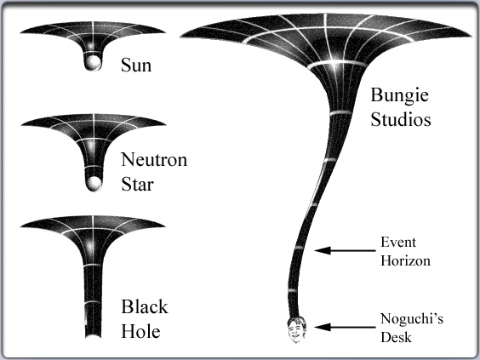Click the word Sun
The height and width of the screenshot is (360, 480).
pos(136,65)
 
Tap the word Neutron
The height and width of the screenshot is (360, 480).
pos(154,159)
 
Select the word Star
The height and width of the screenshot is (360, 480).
pos(137,185)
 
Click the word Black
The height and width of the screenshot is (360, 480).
pos(145,306)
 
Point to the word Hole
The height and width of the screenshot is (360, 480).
pos(140,331)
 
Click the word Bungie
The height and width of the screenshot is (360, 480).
pos(399,95)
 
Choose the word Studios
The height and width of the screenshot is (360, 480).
pos(401,119)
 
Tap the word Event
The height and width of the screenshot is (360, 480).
pos(398,243)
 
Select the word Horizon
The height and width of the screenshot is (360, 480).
pos(405,260)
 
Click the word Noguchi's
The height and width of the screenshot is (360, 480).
pos(412,318)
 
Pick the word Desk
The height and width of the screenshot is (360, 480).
pos(396,337)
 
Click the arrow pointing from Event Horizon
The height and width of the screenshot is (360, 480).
pos(345,250)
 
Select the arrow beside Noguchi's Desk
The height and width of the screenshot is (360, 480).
pos(345,327)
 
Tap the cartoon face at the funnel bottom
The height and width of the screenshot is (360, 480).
pos(296,329)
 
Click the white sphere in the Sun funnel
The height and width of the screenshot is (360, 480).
pos(93,63)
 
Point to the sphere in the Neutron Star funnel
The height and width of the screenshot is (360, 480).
pos(93,183)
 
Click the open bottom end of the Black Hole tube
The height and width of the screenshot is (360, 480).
pos(93,336)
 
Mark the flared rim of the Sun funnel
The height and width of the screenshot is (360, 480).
pos(93,27)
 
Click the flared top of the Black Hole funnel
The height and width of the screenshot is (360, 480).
pos(93,222)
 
